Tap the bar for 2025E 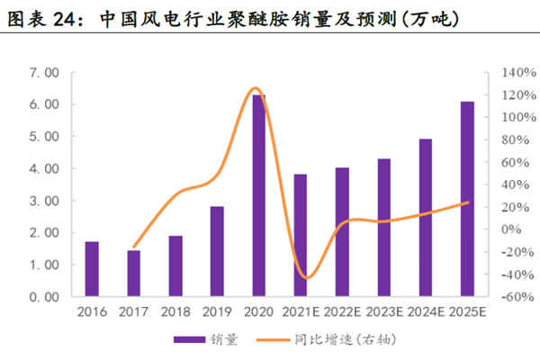tap(467, 198)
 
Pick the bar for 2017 tap(133, 273)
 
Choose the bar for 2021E tap(301, 235)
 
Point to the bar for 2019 tap(217, 251)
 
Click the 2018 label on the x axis tap(175, 312)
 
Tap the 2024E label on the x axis tap(425, 312)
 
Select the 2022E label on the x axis tap(342, 312)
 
